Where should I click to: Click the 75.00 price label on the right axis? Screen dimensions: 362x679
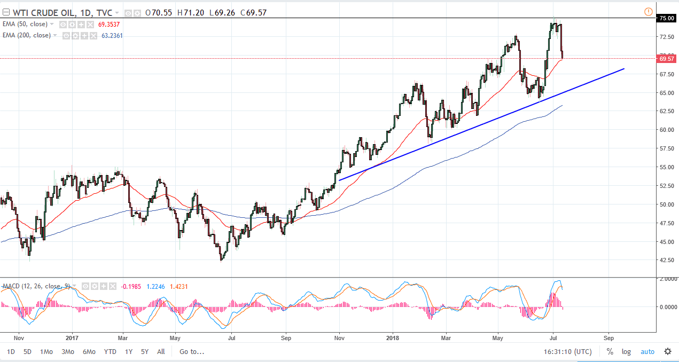coord(666,18)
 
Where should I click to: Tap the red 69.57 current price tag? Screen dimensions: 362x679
coord(666,59)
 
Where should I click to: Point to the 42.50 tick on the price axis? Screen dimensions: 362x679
coord(666,261)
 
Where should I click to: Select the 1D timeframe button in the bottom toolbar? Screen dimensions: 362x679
coord(11,352)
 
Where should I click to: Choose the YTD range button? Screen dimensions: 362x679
coord(110,352)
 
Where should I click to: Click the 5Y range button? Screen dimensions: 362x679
coord(145,352)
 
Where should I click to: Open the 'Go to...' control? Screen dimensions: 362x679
coord(192,352)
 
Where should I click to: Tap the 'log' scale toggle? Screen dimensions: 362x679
coord(626,352)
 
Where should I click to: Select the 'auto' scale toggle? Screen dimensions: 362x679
coord(647,352)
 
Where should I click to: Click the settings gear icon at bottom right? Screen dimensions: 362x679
coord(668,351)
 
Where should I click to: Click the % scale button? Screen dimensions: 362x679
coord(610,352)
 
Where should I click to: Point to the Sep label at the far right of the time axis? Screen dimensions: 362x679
coord(608,338)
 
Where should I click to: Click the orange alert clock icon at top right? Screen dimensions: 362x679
coord(649,11)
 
